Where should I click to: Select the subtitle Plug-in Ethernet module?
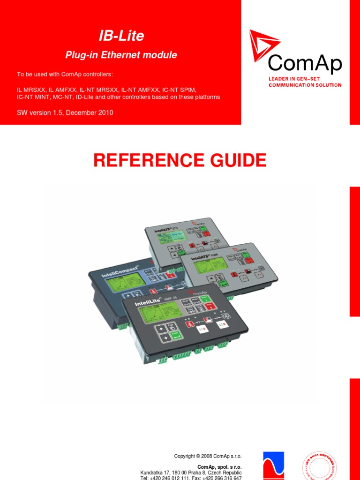point(121,55)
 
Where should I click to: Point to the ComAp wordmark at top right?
point(305,64)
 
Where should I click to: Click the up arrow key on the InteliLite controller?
point(161,328)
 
